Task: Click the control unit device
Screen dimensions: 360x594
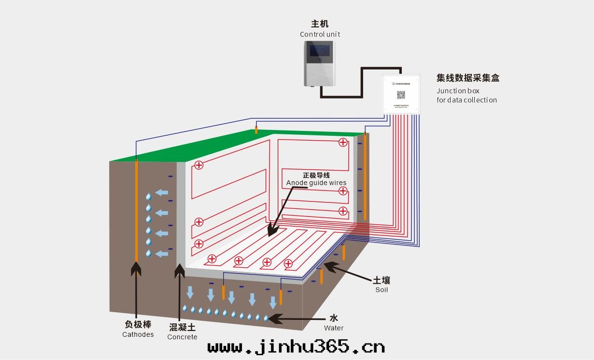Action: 319,64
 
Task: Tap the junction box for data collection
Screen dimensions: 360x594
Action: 401,94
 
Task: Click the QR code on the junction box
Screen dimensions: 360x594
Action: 401,95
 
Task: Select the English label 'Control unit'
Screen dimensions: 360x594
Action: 320,34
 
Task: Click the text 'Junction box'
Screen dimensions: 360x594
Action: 458,91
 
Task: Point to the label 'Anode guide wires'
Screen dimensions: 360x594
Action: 316,183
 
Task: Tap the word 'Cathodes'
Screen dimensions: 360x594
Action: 138,334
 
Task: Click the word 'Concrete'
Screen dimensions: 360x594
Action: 182,337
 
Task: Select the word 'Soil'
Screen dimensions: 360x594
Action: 382,290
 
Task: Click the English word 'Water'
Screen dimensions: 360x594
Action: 334,328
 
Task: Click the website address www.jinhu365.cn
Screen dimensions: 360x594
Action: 296,346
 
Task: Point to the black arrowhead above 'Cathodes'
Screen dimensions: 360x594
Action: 136,268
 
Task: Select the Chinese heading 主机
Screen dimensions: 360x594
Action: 320,24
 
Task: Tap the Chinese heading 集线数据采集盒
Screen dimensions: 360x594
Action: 467,78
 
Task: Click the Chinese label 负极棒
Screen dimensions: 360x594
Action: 138,325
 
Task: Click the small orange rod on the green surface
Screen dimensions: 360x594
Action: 256,130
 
